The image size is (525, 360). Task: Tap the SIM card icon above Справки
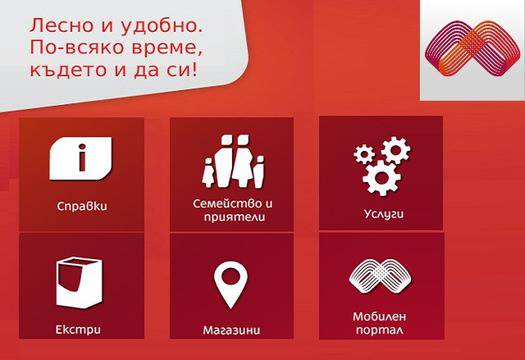tap(82, 160)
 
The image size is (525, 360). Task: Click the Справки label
tap(82, 207)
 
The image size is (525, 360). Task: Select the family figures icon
tap(232, 160)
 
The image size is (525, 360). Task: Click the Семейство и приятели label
tap(232, 209)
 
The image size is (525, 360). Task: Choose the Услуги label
tap(382, 213)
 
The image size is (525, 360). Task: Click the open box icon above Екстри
tap(81, 283)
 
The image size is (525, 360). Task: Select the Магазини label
tap(232, 327)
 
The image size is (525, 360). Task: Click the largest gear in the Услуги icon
tap(380, 178)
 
